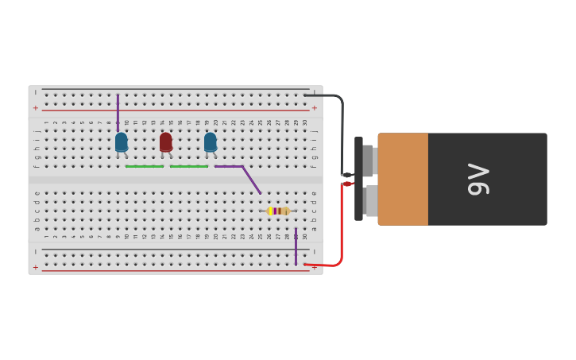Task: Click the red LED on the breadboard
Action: tap(165, 141)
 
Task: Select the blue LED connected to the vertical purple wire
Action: tap(121, 141)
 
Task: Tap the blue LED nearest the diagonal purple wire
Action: tap(210, 141)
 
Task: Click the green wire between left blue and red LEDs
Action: tap(144, 166)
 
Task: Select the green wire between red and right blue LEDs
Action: tap(188, 166)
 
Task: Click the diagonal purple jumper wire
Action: tap(250, 179)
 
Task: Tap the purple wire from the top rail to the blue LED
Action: tap(118, 111)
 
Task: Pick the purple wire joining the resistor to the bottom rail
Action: tap(296, 246)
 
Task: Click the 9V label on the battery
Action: tap(478, 179)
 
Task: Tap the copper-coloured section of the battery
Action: tap(403, 179)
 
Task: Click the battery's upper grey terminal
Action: tap(369, 161)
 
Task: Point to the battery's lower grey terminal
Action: tap(370, 200)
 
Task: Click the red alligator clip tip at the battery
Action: tap(347, 184)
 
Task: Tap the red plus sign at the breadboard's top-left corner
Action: tap(35, 107)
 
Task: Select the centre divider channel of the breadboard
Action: tap(175, 180)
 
